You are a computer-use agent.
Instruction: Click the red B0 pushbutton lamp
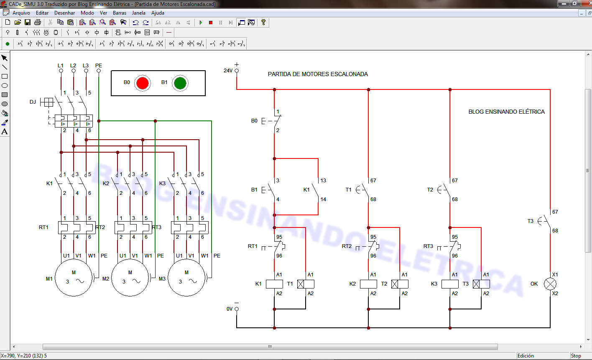click(x=142, y=83)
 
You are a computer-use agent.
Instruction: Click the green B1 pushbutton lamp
click(x=180, y=83)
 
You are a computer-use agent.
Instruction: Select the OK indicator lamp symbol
click(x=549, y=284)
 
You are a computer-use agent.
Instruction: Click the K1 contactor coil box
click(x=274, y=284)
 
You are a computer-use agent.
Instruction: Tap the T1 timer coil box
click(x=306, y=284)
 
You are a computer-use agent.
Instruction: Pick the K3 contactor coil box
click(x=450, y=284)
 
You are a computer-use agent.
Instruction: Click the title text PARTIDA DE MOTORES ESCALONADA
click(x=318, y=74)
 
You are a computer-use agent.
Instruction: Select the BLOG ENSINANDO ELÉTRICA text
click(x=506, y=112)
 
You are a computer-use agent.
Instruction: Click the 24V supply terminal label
click(x=228, y=71)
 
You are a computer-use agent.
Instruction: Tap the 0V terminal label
click(x=230, y=309)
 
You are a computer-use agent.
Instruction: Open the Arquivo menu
click(x=21, y=13)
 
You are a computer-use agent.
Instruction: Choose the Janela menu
click(x=138, y=13)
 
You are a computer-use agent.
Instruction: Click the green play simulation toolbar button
click(x=201, y=23)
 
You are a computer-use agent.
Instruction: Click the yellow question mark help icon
click(x=263, y=22)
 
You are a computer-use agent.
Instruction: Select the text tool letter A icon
click(x=5, y=132)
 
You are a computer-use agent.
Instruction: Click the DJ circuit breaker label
click(x=33, y=102)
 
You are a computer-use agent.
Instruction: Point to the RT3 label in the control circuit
click(x=428, y=246)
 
